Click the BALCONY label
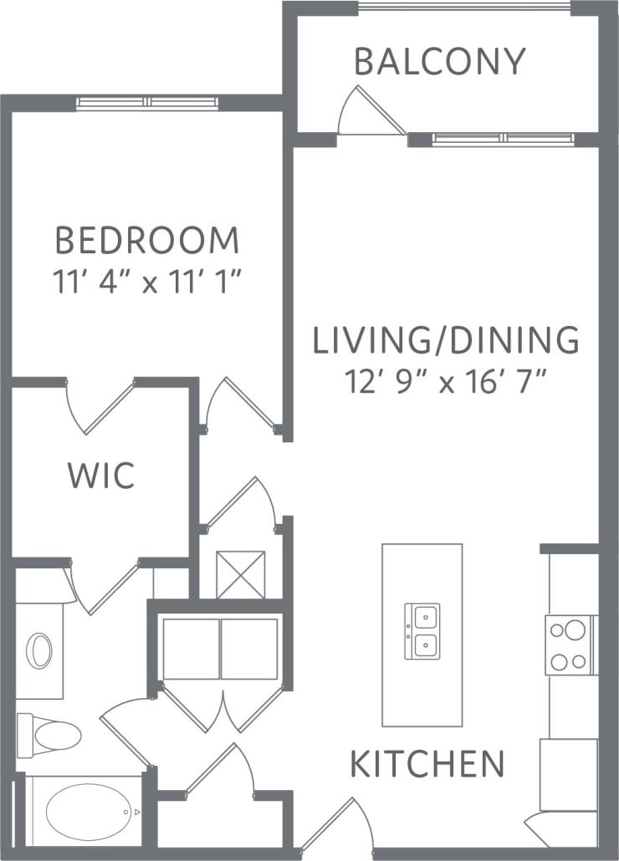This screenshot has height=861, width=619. [x=439, y=62]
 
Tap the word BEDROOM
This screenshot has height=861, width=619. [x=147, y=241]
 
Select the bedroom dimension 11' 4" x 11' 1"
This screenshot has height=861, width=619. [x=147, y=282]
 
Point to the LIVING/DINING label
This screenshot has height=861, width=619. [x=446, y=341]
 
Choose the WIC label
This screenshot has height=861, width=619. [x=100, y=476]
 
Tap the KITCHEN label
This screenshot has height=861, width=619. [x=427, y=764]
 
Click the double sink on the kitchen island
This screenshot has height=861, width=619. [x=422, y=631]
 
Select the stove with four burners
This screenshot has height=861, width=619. [x=570, y=644]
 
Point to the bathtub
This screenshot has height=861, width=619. [x=89, y=812]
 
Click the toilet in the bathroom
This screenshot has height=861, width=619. [x=50, y=735]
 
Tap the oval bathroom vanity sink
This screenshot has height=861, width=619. [x=39, y=651]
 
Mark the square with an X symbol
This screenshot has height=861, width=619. [x=241, y=574]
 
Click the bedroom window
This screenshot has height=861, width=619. [x=147, y=103]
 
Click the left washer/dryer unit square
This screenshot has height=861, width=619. [x=191, y=649]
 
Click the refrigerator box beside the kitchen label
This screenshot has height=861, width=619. [x=569, y=774]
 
